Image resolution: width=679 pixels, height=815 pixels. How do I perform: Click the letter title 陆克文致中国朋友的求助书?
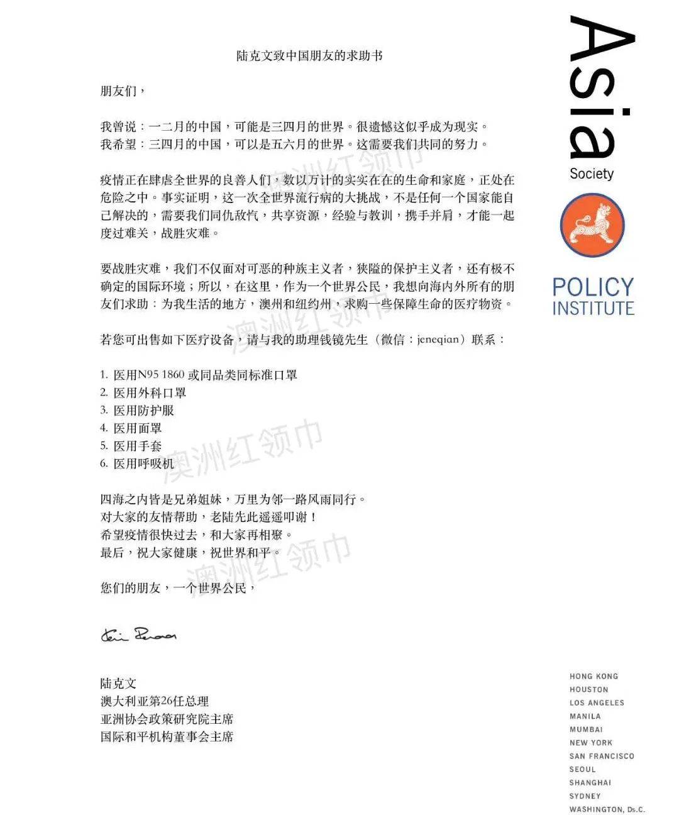click(x=309, y=55)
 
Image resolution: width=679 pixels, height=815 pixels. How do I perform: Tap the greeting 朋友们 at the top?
click(x=123, y=91)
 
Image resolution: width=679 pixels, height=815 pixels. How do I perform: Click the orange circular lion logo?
click(x=592, y=225)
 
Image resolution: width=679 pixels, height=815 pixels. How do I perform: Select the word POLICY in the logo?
click(x=593, y=287)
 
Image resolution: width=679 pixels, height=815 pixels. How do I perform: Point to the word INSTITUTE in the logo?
click(x=593, y=309)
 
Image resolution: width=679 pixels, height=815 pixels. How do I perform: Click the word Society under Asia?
click(x=591, y=174)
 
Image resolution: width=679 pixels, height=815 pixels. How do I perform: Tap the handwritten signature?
click(x=139, y=635)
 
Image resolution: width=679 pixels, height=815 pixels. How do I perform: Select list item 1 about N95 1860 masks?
click(x=199, y=375)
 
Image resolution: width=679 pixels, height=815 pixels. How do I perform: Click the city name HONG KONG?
click(x=593, y=676)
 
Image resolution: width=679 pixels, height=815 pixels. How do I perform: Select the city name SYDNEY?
click(x=585, y=796)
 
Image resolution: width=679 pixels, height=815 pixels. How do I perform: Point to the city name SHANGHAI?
click(x=590, y=782)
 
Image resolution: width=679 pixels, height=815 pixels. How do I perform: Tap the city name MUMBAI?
click(x=586, y=729)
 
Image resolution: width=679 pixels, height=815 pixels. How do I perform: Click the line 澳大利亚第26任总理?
click(x=155, y=701)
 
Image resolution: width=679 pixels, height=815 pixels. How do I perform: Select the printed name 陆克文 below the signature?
click(x=118, y=684)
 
